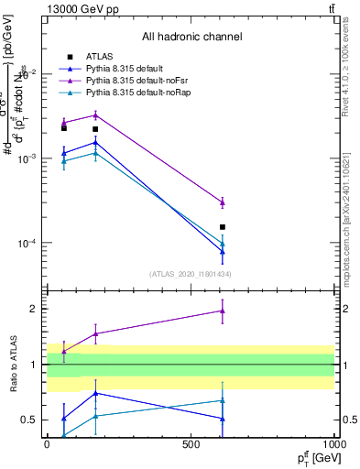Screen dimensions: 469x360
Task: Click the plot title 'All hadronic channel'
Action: tap(191, 38)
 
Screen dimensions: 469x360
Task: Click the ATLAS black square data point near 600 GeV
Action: tap(223, 226)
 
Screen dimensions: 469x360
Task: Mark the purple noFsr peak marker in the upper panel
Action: tap(95, 115)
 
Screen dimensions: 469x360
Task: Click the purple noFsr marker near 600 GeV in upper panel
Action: tap(223, 202)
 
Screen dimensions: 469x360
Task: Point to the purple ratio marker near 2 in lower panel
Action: tap(223, 311)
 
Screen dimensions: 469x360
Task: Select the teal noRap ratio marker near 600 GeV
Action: tap(223, 400)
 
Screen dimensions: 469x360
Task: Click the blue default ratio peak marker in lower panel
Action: tap(95, 393)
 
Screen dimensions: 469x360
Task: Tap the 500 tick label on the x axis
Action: tap(191, 443)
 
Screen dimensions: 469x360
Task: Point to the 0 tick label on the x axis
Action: tap(47, 443)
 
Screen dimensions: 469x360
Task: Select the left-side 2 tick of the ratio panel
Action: tap(34, 309)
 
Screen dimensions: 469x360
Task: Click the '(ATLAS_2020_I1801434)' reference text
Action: tap(191, 274)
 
